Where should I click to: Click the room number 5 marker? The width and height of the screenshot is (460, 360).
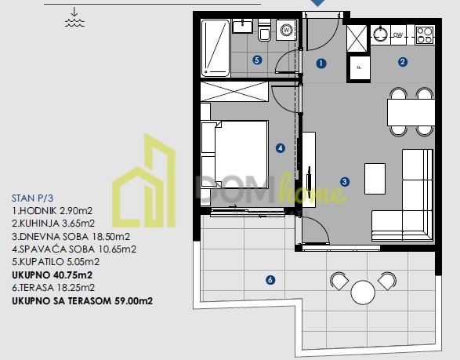pos(257,60)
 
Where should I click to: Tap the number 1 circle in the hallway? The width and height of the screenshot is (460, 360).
pos(321,63)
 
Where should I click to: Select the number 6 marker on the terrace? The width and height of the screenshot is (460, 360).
pos(270,280)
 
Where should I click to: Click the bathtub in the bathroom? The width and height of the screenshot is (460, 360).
pos(215,48)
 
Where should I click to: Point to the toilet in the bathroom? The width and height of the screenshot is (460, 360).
pos(264,31)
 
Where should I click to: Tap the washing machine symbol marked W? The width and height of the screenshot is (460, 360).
pos(287,30)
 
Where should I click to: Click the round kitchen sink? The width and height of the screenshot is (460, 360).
pos(381,35)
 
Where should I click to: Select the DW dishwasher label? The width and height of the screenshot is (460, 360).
pos(398,35)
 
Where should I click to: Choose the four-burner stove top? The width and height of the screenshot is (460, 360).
pos(425,35)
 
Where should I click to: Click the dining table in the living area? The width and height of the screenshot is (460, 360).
pos(411,112)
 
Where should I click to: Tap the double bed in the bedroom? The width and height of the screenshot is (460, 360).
pos(234,155)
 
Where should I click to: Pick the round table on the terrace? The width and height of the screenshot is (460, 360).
pos(363,293)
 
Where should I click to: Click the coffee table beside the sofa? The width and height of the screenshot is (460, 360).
pos(375,179)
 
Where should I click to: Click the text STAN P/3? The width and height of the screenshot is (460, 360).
pos(33,198)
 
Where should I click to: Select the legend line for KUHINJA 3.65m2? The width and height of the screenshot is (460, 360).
pos(53,224)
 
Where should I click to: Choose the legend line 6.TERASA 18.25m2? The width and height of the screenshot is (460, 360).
pos(53,288)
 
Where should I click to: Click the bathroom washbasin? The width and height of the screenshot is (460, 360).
pos(242,26)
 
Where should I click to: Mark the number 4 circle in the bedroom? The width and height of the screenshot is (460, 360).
pos(281,148)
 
